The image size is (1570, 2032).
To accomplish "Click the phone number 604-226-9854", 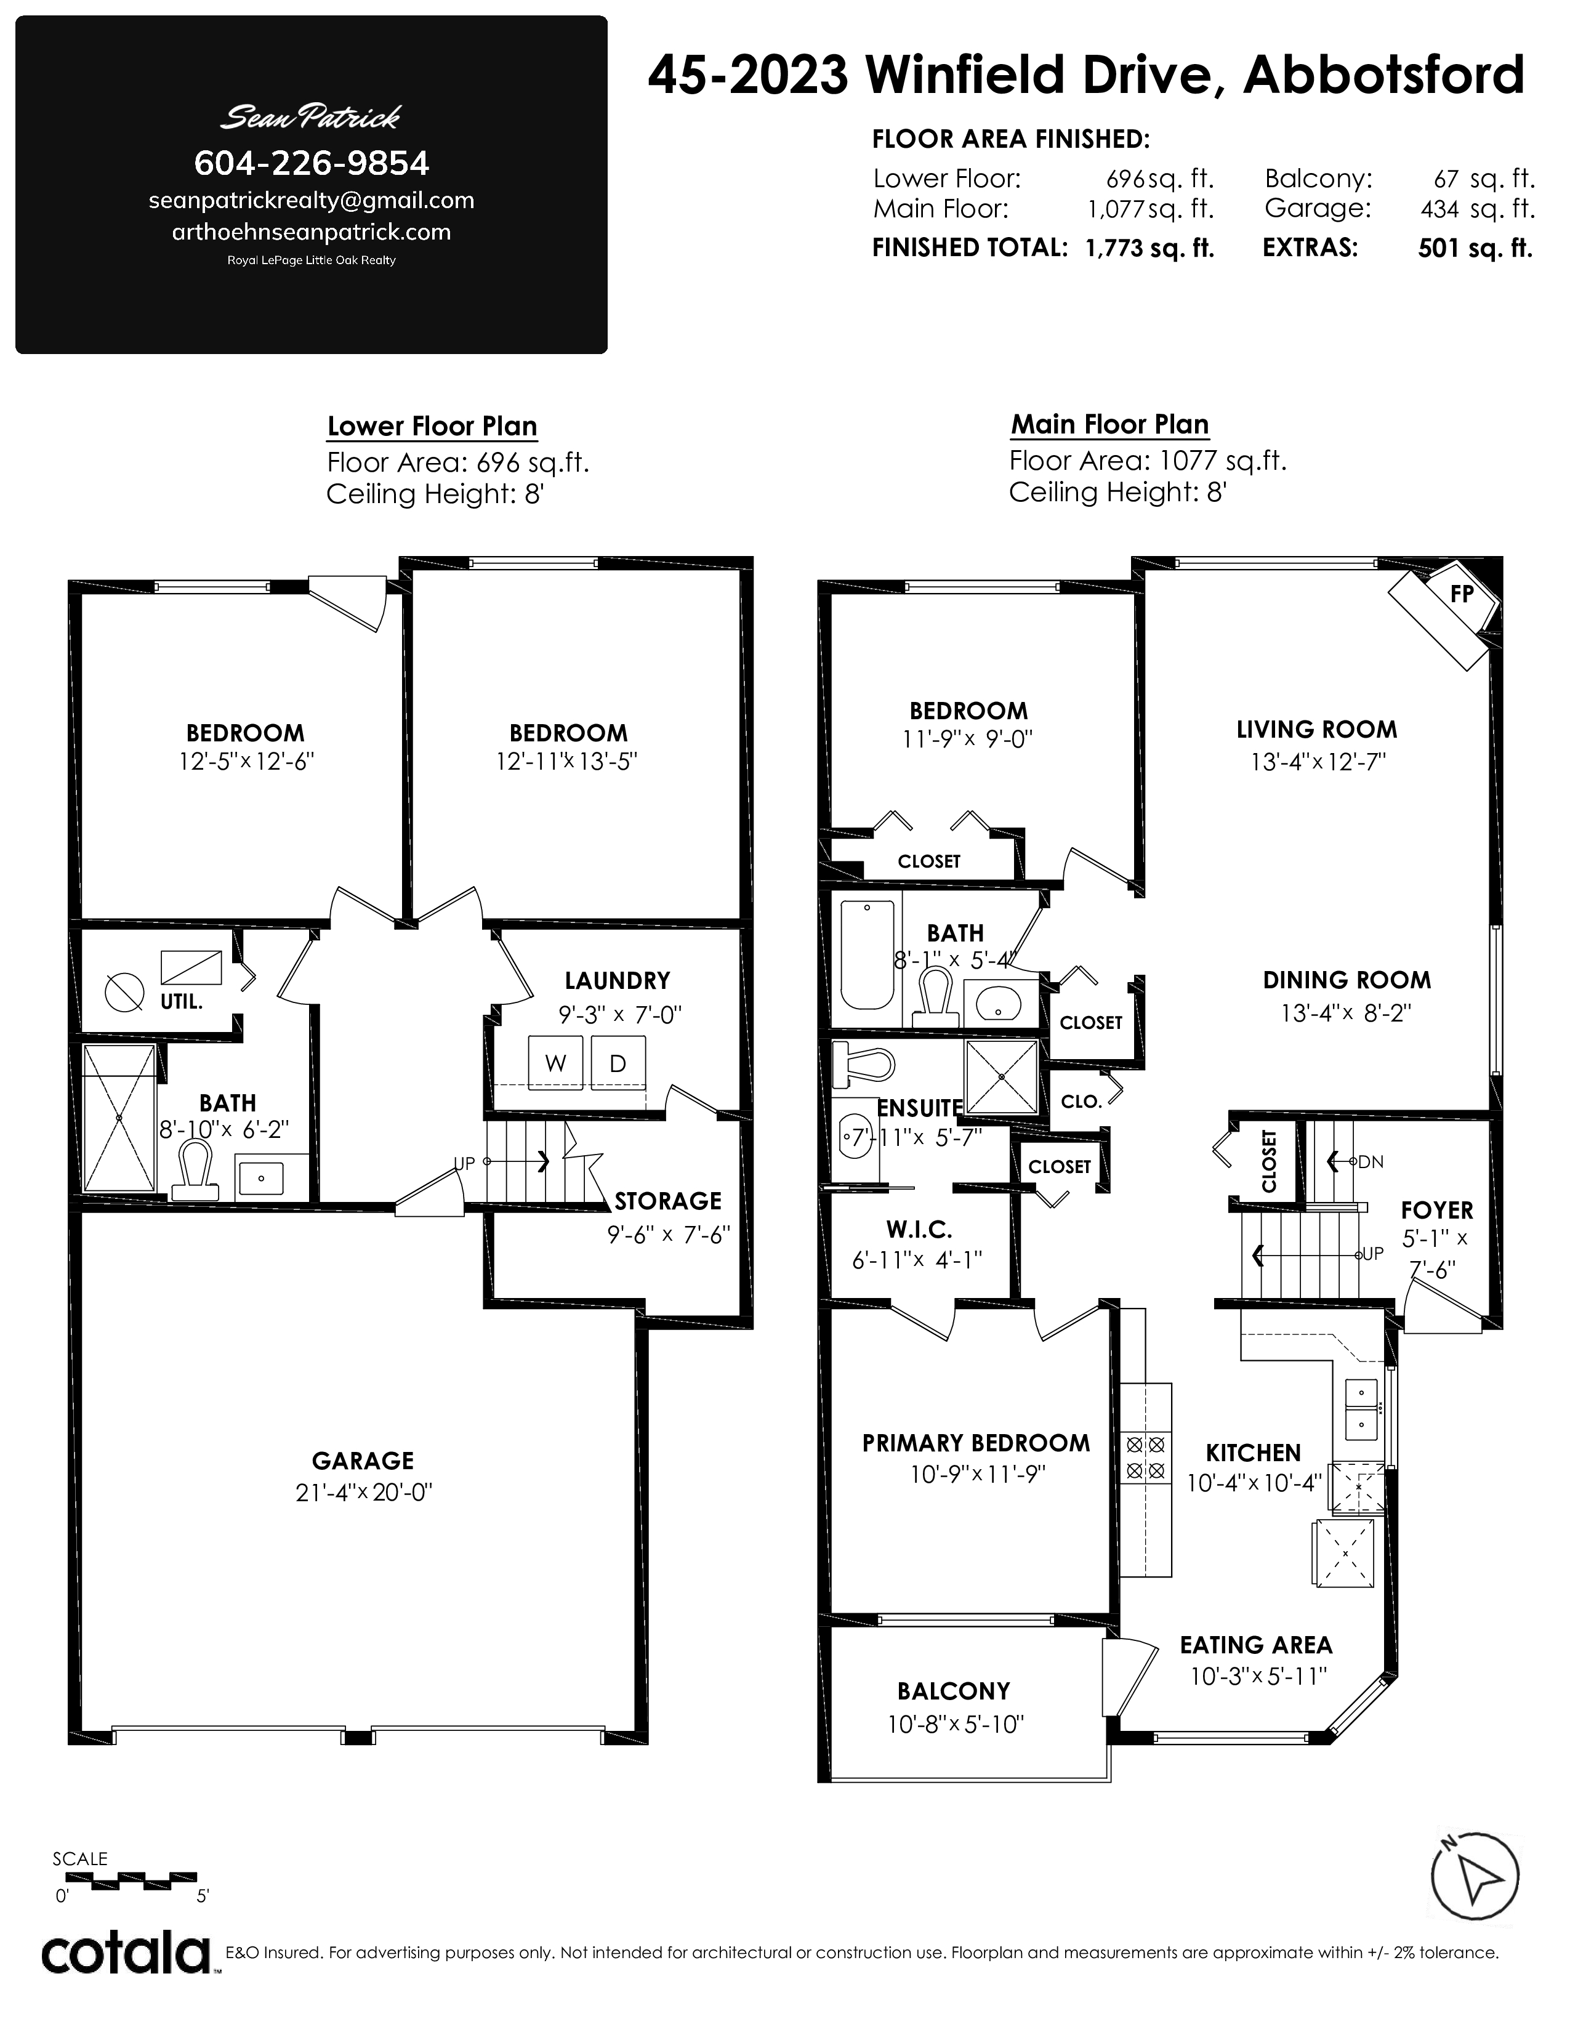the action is click(312, 164).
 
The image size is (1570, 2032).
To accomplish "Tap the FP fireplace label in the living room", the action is click(1461, 594).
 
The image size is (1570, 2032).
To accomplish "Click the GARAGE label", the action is click(363, 1461).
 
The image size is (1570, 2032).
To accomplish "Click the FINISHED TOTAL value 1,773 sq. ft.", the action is click(1149, 248).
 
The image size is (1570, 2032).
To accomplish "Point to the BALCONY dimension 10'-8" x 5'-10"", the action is click(955, 1724).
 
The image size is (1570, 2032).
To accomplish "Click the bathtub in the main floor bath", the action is click(867, 954).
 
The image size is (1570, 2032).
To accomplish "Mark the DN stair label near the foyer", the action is click(1370, 1161).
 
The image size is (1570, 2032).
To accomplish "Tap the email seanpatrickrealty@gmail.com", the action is click(312, 201).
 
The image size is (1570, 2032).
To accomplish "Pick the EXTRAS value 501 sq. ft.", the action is click(1475, 248).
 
